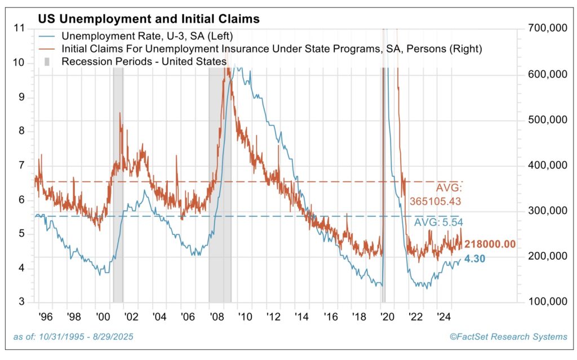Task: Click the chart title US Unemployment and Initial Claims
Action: (148, 19)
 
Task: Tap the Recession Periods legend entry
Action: (144, 61)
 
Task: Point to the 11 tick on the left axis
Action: (20, 28)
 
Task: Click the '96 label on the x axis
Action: (45, 316)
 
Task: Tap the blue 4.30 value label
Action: (475, 260)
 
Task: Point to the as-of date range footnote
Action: (73, 336)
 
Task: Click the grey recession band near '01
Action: (118, 186)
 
